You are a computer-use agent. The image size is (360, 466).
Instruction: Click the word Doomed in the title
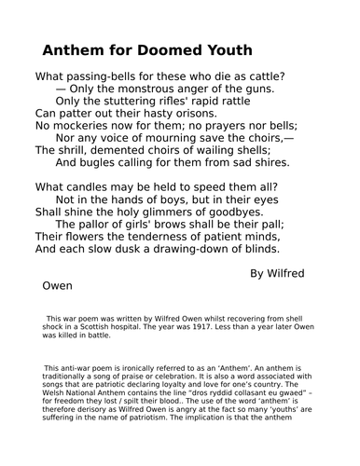point(177,50)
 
